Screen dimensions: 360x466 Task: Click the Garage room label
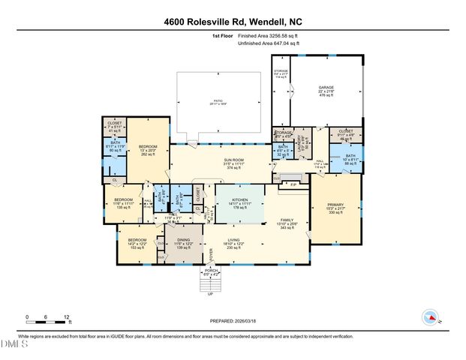[326, 90]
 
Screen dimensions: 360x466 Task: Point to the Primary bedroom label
[335, 208]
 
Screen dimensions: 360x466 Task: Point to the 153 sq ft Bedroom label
[134, 244]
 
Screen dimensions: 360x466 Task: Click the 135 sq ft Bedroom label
[123, 202]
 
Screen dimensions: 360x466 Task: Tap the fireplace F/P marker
[293, 184]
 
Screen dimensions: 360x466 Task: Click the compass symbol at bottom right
[431, 316]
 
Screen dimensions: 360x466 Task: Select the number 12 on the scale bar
[68, 316]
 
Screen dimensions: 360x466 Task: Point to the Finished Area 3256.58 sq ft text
[267, 35]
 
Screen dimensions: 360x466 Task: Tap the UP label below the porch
[210, 293]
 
